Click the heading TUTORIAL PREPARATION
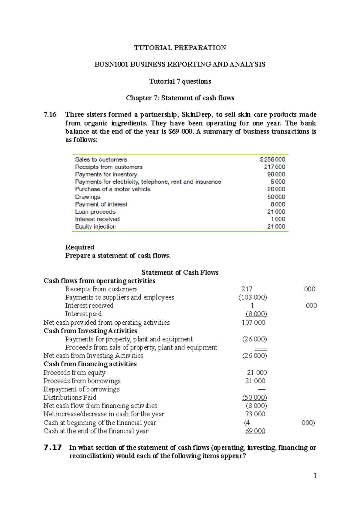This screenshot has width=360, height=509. [x=180, y=48]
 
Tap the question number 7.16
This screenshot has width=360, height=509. [x=50, y=115]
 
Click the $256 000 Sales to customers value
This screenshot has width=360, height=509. [x=272, y=159]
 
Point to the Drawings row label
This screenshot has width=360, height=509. [x=88, y=197]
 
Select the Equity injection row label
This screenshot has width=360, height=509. [x=95, y=227]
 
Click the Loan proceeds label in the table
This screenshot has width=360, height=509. [x=95, y=212]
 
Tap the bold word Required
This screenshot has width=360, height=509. [x=79, y=247]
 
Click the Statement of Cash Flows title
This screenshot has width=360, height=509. [x=180, y=272]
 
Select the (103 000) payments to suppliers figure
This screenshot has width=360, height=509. [x=253, y=297]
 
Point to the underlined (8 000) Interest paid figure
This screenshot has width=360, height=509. [x=256, y=314]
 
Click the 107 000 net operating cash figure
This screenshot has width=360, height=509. [x=253, y=323]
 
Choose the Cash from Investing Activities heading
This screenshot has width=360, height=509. [x=90, y=331]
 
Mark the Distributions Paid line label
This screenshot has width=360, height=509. [x=70, y=397]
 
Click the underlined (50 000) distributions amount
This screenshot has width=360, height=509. [x=254, y=397]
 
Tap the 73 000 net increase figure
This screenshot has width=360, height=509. [x=255, y=414]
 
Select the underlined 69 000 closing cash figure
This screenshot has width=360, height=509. [x=255, y=431]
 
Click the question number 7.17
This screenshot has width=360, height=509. [x=53, y=448]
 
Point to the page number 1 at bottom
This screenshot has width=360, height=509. [x=315, y=475]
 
